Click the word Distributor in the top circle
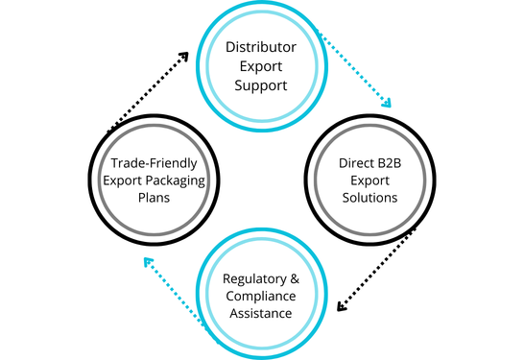coord(262,47)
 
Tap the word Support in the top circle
coord(262,85)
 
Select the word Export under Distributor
coord(262,66)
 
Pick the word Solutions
coord(369,198)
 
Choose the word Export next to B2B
coord(369,180)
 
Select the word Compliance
coord(262,297)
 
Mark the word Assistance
coord(262,316)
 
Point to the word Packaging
coord(182,180)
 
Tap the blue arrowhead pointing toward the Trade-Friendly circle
coord(145,260)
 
